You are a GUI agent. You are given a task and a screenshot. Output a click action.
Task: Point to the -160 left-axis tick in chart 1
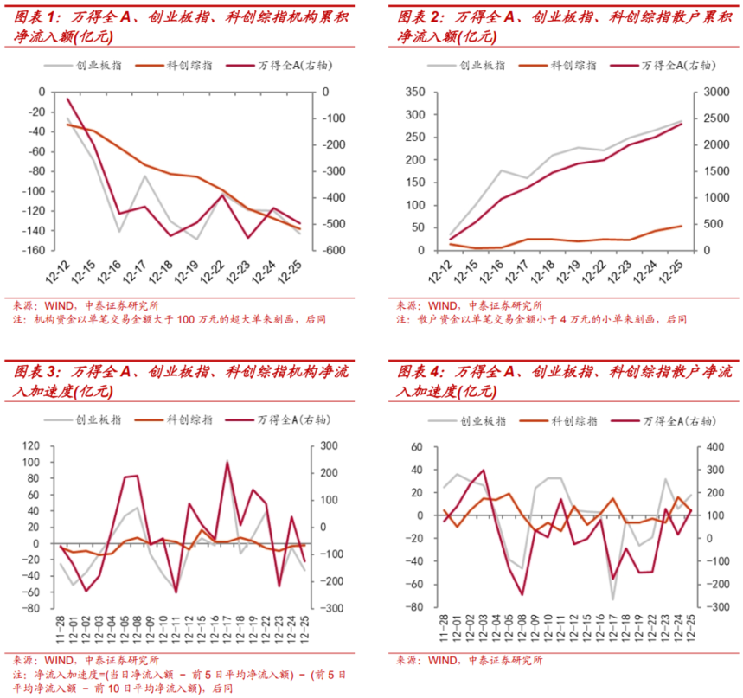35,251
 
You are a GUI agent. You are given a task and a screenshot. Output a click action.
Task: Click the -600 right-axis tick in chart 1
332,251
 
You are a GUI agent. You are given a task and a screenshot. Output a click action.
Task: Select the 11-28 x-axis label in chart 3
61,631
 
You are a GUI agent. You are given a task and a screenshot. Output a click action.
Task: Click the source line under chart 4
470,661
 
